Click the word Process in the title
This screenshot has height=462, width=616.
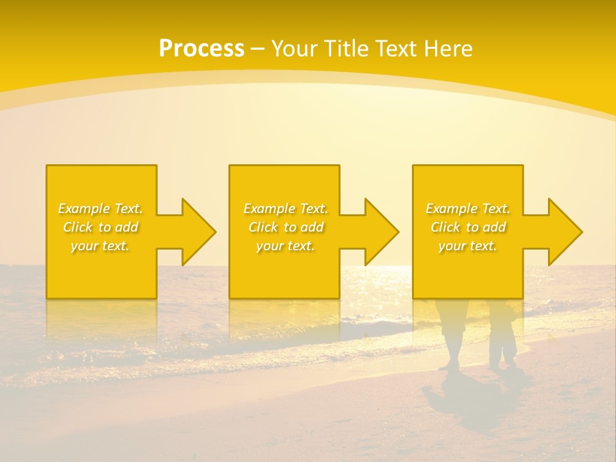201,49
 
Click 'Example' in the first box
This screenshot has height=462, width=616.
83,209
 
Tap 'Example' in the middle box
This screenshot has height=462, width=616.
269,209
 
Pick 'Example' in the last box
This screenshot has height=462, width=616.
451,209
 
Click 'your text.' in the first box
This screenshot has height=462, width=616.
100,246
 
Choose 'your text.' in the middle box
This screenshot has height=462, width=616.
285,246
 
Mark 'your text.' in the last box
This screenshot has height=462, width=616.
468,246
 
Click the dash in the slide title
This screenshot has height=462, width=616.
257,49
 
